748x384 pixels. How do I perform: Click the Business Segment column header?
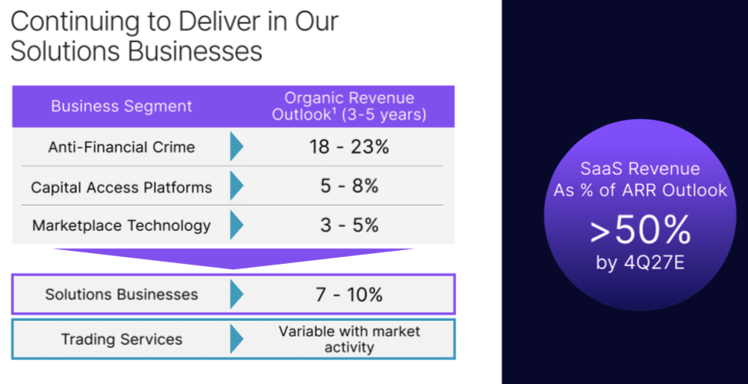click(x=122, y=106)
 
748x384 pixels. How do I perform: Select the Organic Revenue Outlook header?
click(x=349, y=106)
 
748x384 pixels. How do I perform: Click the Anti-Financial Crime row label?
click(x=122, y=147)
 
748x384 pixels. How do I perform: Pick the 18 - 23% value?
click(x=349, y=147)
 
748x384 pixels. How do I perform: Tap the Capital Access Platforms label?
click(x=122, y=188)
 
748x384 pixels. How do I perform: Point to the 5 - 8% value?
click(x=349, y=186)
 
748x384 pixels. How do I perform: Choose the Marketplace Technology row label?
click(x=122, y=225)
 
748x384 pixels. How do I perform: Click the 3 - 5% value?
click(x=349, y=225)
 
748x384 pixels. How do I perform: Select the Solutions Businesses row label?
click(x=122, y=294)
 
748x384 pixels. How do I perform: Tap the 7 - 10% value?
click(x=349, y=295)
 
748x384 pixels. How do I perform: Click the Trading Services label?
click(x=122, y=339)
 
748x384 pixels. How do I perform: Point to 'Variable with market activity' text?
click(x=349, y=339)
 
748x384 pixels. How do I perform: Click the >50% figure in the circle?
click(x=640, y=231)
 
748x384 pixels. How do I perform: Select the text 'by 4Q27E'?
click(x=640, y=262)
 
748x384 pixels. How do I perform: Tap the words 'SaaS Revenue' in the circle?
click(x=640, y=169)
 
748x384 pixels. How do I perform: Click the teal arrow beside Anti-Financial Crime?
click(x=236, y=147)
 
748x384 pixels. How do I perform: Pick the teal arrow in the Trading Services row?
click(x=236, y=339)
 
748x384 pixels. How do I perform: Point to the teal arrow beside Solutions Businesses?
click(x=236, y=294)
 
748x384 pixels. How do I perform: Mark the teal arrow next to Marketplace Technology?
click(x=236, y=225)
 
